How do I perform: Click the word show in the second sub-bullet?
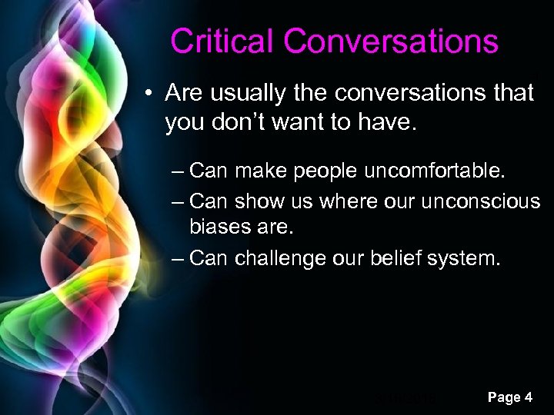[261, 201]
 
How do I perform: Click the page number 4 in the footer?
[527, 397]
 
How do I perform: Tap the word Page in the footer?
[503, 397]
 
